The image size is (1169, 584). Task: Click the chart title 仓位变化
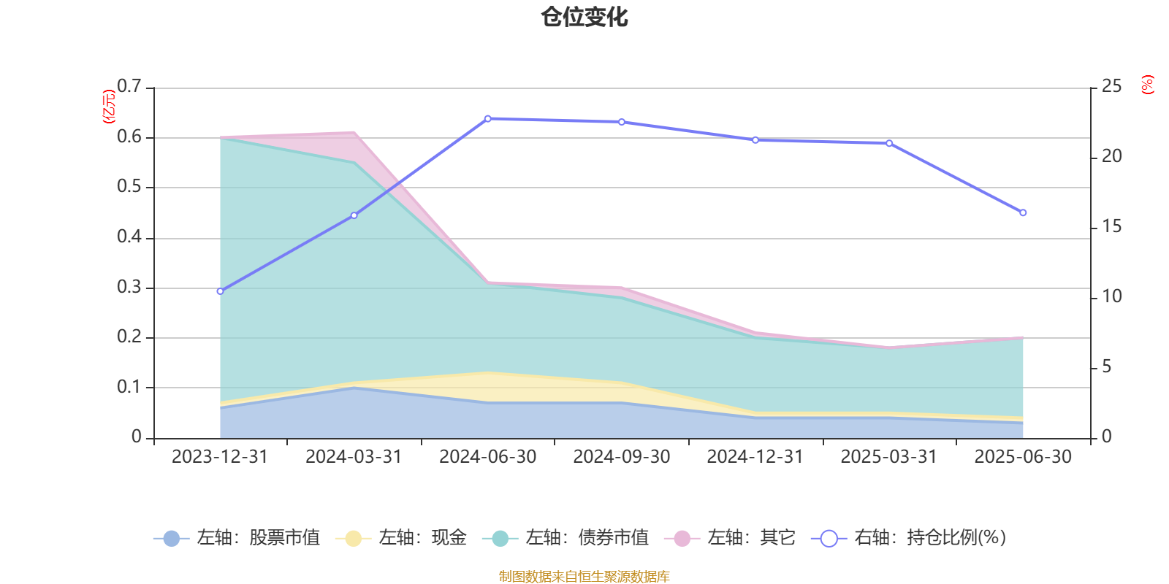pos(584,17)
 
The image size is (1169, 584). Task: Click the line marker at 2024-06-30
pos(488,118)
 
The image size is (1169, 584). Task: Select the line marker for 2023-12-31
pos(220,291)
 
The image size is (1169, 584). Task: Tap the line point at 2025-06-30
pos(1023,213)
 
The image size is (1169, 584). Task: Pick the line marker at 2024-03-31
pos(354,215)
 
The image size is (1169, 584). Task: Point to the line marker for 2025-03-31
pos(889,143)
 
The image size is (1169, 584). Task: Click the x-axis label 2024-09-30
pos(621,457)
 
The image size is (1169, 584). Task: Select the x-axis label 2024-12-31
pos(755,457)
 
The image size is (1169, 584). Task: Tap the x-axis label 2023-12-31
pos(220,457)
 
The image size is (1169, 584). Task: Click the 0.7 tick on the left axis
pos(129,87)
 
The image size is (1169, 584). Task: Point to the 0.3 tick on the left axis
pos(129,288)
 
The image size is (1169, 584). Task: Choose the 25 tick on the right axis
pos(1111,87)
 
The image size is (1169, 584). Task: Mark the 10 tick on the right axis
pos(1111,296)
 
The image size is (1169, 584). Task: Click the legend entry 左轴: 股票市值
pos(237,538)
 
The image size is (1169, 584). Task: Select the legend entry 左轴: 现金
pos(401,538)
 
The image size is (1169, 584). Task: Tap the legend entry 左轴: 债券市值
pos(566,538)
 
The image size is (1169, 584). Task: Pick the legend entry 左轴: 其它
pos(730,538)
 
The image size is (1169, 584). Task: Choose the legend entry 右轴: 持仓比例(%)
pos(910,538)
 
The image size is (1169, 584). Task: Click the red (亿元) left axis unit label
pos(109,107)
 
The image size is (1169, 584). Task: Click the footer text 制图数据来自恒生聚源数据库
pos(584,577)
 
